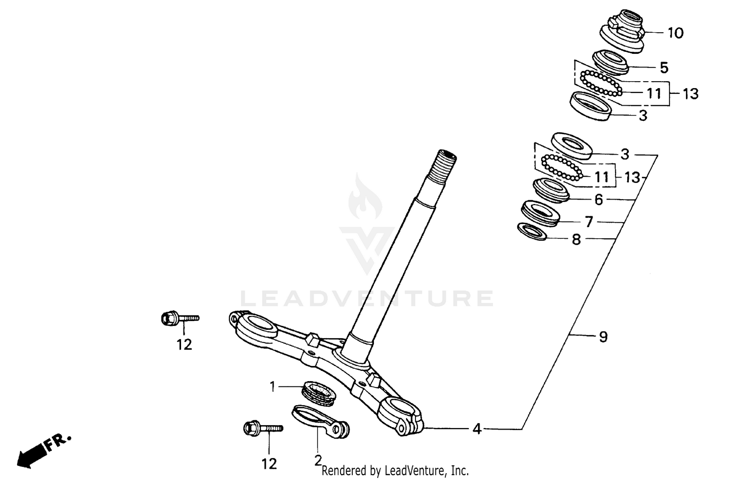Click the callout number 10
(675, 33)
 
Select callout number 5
(664, 67)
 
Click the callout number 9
(603, 337)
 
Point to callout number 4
(477, 429)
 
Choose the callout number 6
(598, 200)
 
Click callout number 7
(589, 222)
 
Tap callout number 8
(576, 239)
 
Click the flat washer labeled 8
(532, 231)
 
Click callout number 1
(273, 387)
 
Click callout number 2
(318, 460)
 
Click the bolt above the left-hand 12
(179, 319)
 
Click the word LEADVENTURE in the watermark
(367, 298)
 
